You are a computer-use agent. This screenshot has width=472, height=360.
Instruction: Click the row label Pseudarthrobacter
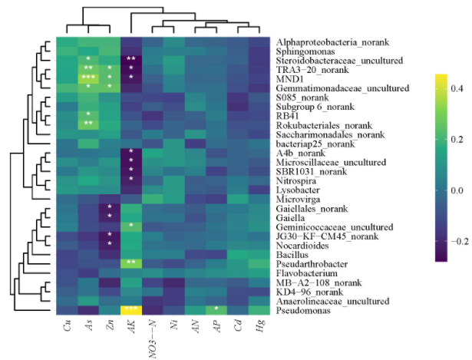click(x=309, y=263)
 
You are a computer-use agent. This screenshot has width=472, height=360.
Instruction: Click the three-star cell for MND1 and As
click(x=88, y=78)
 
